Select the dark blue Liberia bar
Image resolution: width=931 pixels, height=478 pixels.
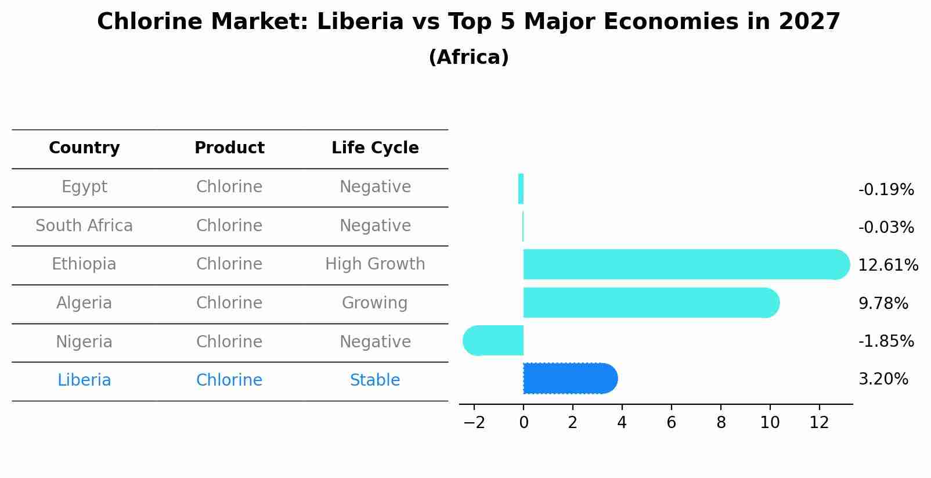coord(569,379)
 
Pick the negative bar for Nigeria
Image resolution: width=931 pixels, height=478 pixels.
coord(493,340)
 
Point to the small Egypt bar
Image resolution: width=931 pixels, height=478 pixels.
coord(521,189)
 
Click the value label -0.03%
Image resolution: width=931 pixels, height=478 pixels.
coord(886,227)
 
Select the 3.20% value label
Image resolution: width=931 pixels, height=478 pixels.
coord(883,379)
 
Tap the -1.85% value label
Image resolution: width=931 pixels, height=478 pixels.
coord(886,341)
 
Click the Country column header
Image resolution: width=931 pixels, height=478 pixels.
coord(84,148)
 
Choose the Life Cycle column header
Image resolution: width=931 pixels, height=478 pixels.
coord(375,148)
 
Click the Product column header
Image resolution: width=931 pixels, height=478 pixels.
coord(229,148)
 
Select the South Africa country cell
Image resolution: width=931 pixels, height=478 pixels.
coord(84,225)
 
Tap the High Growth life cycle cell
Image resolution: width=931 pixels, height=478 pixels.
coord(375,264)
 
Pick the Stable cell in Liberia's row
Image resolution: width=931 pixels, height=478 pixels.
coord(375,380)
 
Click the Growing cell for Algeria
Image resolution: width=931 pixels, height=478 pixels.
coord(375,303)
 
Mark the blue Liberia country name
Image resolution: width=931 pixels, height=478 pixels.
coord(84,380)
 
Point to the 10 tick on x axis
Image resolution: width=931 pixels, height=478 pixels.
coord(770,423)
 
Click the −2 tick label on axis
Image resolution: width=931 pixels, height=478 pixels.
coord(474,423)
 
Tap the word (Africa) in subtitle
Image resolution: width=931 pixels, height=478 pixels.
coord(468,57)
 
